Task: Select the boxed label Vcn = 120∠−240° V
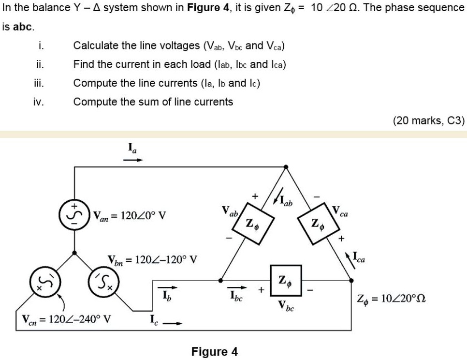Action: point(66,320)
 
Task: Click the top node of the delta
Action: point(286,167)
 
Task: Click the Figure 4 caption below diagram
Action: point(214,351)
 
